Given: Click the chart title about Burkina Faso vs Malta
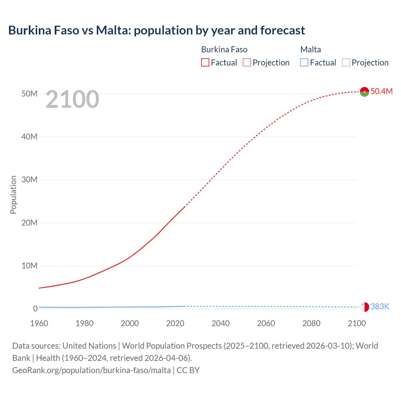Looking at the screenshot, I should coord(156,30).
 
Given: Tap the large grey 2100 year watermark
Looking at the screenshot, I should coord(72,99).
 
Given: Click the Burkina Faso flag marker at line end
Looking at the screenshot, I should coord(364,91).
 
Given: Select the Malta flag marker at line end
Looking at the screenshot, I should coord(364,307).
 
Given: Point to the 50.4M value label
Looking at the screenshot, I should coord(381,91).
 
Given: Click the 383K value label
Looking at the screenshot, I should coord(380,306).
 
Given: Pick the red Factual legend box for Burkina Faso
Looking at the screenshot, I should coord(205,63).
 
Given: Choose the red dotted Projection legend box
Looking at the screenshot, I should coord(247,63).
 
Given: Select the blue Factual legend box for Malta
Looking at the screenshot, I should coord(304,63).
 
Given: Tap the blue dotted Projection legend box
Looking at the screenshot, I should coord(346,63).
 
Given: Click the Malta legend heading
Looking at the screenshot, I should coord(310,49).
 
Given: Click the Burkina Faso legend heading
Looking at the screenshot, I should coord(224,49).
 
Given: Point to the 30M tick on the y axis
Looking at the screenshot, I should coord(29,180).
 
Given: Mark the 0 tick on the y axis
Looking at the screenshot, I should coord(35,309).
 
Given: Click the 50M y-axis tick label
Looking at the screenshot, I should coord(29,94).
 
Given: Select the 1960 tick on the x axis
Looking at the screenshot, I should coord(39,323).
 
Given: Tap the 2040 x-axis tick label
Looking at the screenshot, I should coord(221,323).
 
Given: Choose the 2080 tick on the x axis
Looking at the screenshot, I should coord(311,323).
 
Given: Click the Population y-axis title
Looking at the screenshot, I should coord(13,195).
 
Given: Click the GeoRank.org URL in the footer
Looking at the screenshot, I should coord(91,370).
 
